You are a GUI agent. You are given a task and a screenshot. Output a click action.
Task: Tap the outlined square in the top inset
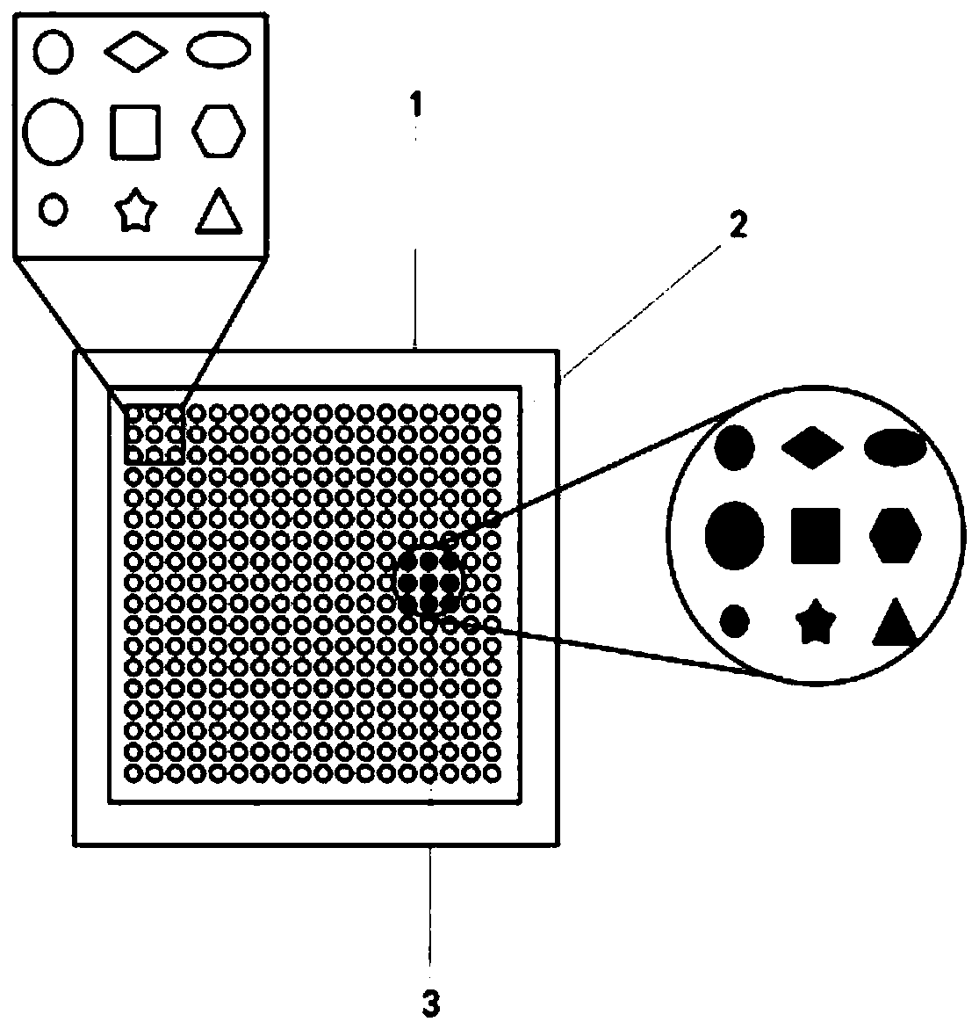135,132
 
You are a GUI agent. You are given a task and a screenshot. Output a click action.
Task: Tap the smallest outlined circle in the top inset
54,209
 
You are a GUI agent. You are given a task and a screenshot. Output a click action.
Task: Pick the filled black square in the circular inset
816,535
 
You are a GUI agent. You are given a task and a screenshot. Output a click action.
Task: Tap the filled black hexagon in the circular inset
896,533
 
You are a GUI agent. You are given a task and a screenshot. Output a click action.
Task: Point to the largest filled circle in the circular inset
734,534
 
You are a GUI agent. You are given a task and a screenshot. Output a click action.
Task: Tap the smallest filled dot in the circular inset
735,620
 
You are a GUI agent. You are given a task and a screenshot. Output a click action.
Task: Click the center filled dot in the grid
429,581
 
